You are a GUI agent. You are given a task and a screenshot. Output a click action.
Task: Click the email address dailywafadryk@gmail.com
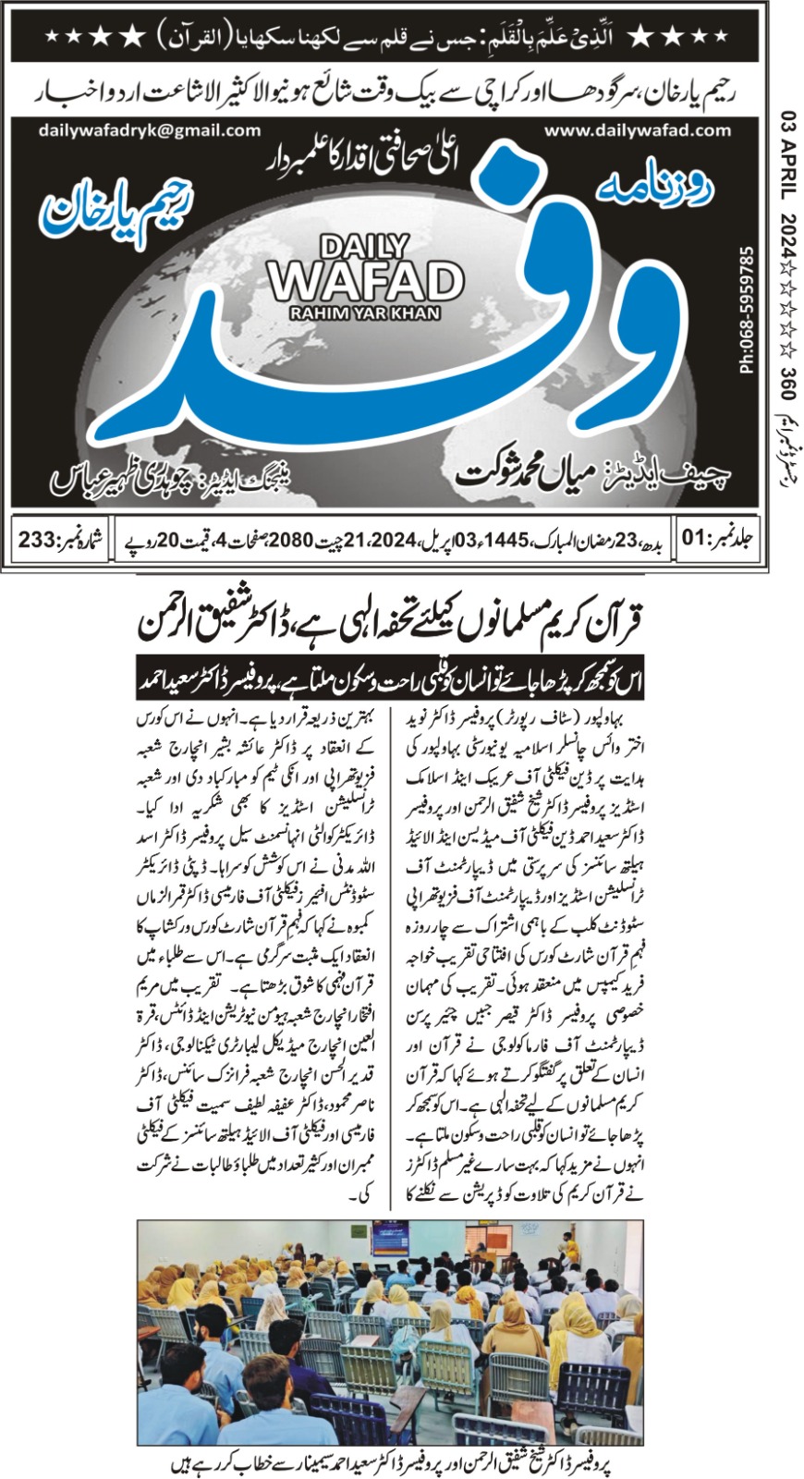[x=150, y=130]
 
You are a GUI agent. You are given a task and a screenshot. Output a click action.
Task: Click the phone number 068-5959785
[x=747, y=309]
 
